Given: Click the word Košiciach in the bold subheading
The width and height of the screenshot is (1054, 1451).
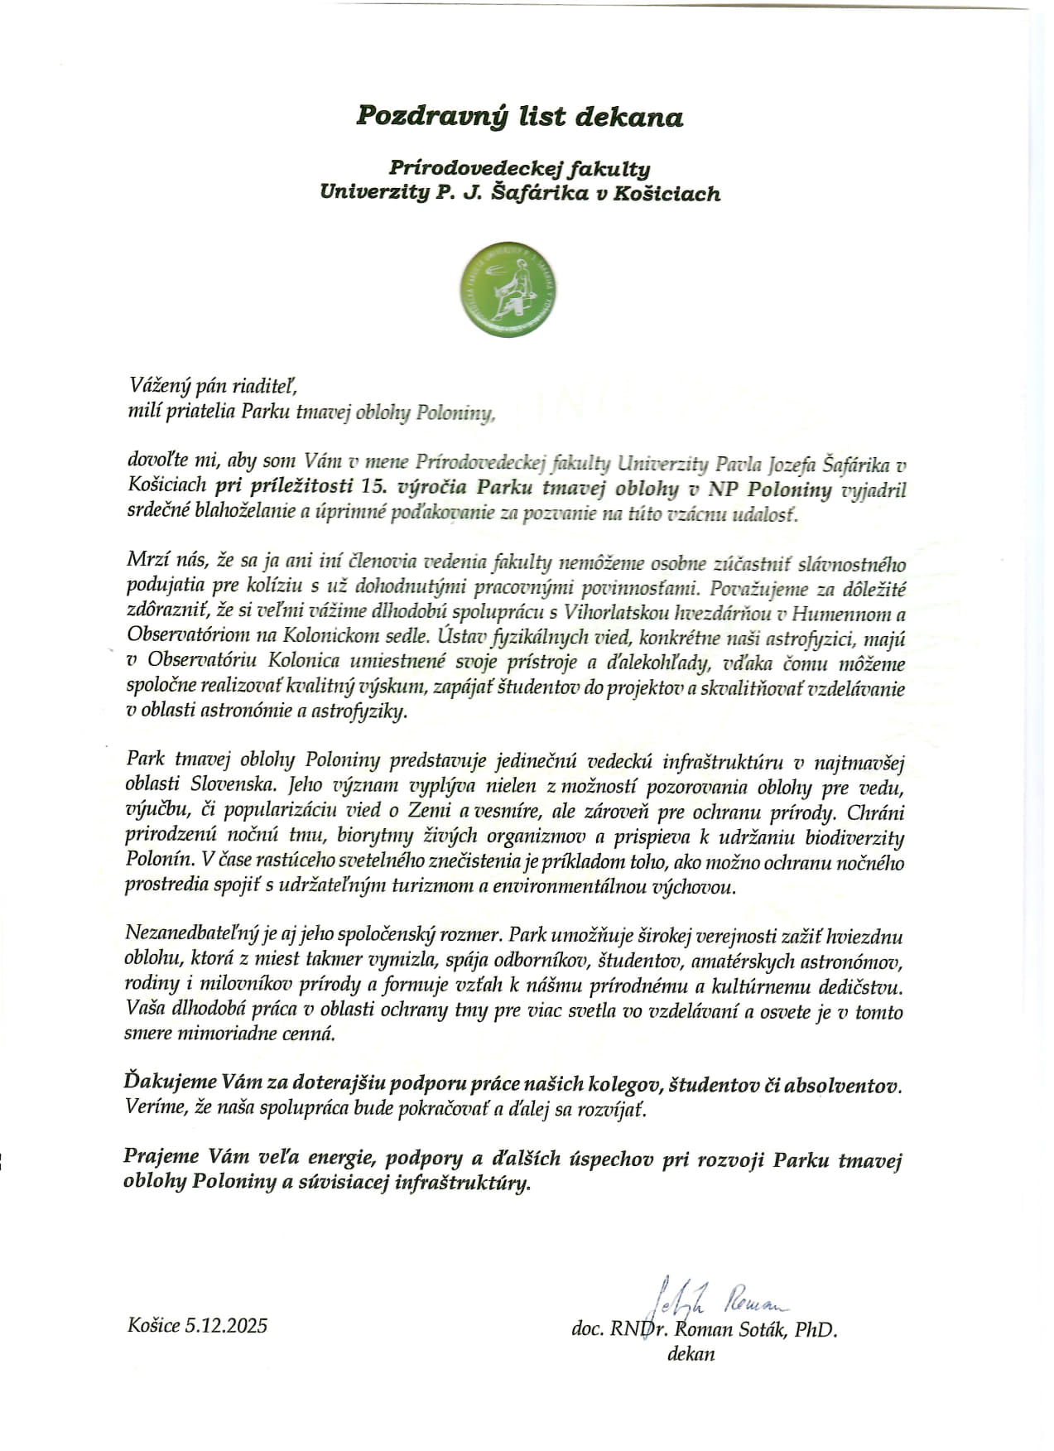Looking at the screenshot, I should click(x=668, y=194).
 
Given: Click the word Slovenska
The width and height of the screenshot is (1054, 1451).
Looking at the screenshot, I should click(x=238, y=783).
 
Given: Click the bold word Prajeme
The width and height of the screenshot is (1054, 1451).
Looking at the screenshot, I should click(x=161, y=1159).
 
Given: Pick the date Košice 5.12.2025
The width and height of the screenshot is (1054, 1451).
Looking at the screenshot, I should click(x=197, y=1326).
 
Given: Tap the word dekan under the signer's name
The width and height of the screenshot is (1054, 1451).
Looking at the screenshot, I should click(x=691, y=1354).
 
